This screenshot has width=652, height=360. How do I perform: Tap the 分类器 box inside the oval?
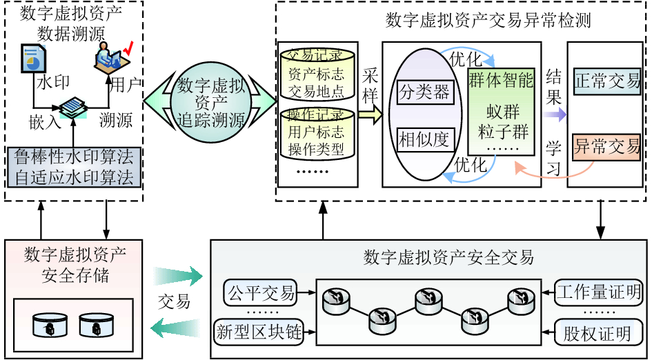pos(424,92)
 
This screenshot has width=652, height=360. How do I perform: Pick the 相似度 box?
pos(424,140)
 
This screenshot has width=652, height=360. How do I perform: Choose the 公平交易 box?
pos(259,293)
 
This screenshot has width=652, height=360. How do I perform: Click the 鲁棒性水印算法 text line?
pos(75,157)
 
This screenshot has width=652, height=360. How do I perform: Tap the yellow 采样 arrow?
pos(369,114)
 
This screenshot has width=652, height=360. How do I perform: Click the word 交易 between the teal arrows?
pos(174,302)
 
